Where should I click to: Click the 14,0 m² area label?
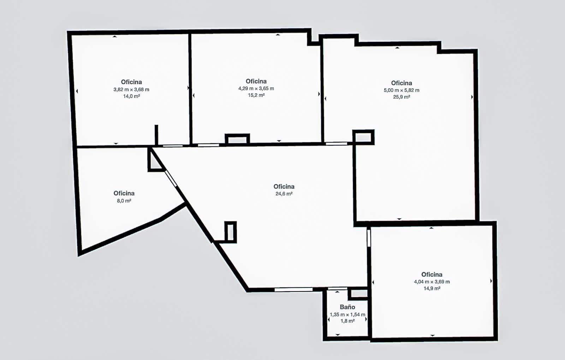pos(131,96)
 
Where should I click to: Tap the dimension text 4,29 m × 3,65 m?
pos(256,88)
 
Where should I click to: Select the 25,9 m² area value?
pos(402,97)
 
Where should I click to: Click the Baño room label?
pos(347,307)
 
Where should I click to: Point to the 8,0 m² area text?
pos(124,201)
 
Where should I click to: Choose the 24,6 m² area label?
pos(284,194)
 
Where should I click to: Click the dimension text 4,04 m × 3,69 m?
pos(432,282)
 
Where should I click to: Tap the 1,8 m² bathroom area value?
pos(347,321)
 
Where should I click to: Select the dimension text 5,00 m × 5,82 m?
pos(402,90)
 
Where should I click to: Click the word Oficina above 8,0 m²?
pos(124,193)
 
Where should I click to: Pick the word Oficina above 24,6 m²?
pos(284,187)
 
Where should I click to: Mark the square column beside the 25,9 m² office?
pos(363,137)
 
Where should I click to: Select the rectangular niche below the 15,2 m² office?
pos(237,139)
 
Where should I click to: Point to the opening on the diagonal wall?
pos(171,178)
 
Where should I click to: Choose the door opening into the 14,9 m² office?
pos(369,238)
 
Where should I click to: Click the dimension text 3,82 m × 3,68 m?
pos(131,89)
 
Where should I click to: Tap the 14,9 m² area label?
pos(432,288)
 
